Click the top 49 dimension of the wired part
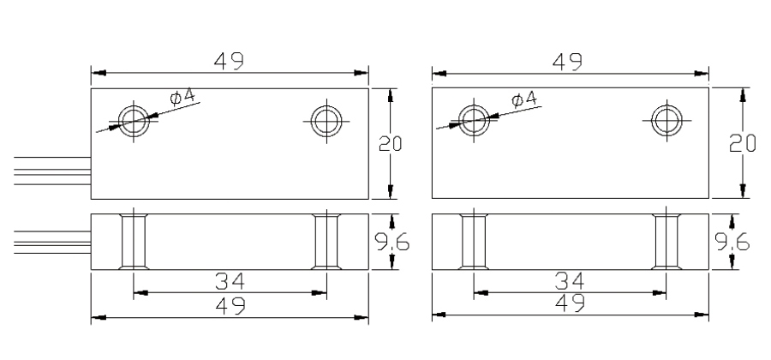tap(229, 61)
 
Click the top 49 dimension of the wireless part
tap(567, 62)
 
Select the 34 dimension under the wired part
tap(230, 282)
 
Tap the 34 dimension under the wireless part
tap(570, 281)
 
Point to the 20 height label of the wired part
tap(390, 143)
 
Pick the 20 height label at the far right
tap(742, 143)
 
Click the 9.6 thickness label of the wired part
tap(391, 242)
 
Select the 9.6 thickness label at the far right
tap(732, 242)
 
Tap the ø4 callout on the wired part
tap(184, 98)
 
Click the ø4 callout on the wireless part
tap(524, 99)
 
